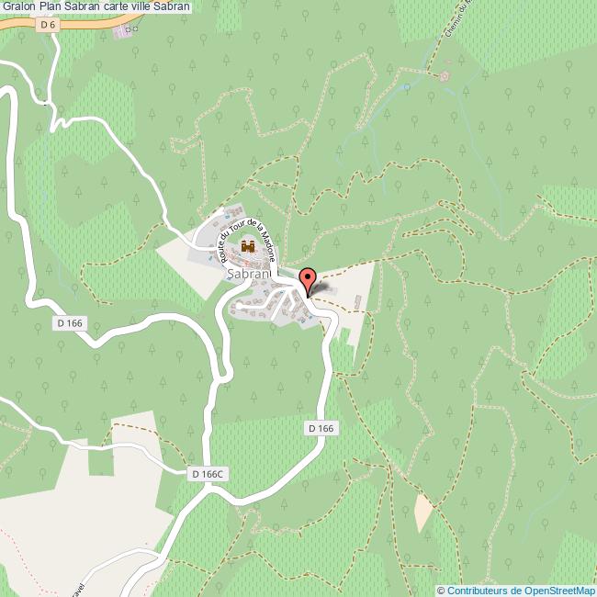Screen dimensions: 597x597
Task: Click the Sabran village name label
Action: click(x=249, y=274)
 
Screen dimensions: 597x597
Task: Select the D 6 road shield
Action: click(x=49, y=26)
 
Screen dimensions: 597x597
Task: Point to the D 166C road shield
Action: click(x=208, y=473)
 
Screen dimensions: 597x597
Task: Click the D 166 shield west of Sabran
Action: click(x=70, y=322)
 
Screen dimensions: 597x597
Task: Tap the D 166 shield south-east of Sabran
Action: click(x=320, y=428)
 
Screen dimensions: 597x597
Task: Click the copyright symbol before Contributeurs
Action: click(x=441, y=590)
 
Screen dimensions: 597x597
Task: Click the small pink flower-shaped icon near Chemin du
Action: click(x=445, y=75)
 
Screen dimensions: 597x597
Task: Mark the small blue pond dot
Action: click(x=405, y=88)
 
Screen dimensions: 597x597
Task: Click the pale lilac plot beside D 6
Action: click(x=122, y=33)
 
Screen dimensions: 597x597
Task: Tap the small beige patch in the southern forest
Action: click(x=423, y=513)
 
